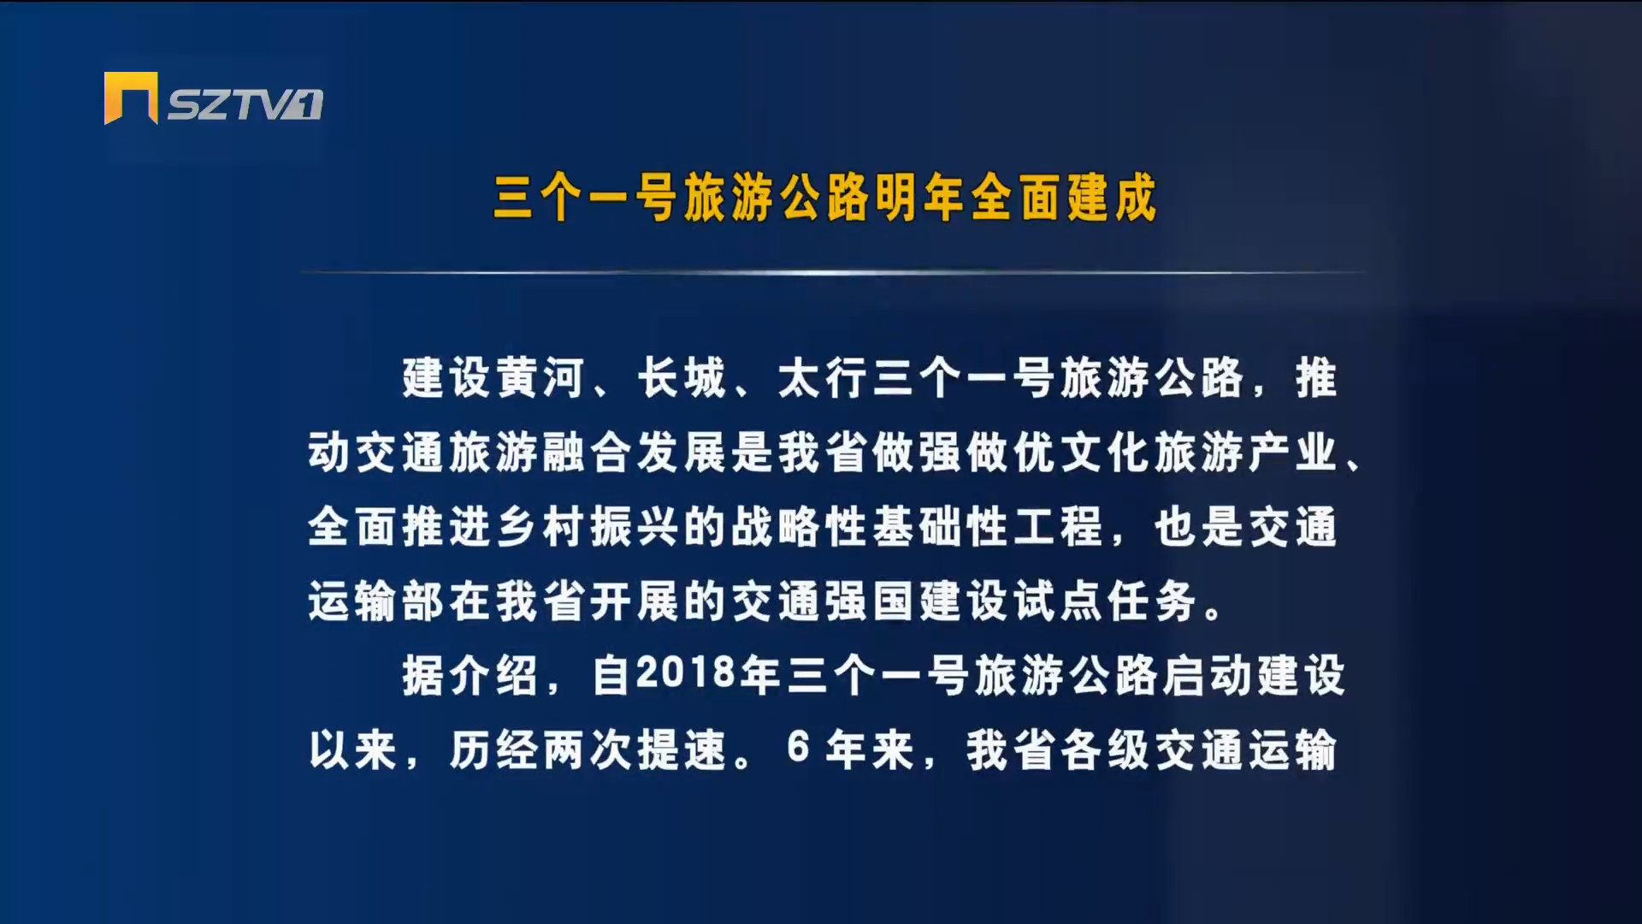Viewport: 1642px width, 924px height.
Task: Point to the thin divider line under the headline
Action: click(832, 273)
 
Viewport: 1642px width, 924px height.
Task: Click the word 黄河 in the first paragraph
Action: click(540, 377)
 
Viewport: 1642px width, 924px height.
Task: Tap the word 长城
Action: click(682, 377)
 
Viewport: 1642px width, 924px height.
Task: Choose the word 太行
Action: click(823, 377)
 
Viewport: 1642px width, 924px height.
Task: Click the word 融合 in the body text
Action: click(588, 453)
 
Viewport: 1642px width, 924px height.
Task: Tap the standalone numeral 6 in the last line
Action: click(798, 749)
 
